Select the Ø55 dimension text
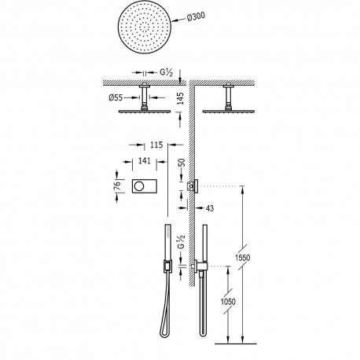click(x=117, y=97)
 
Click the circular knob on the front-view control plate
click(x=140, y=186)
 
